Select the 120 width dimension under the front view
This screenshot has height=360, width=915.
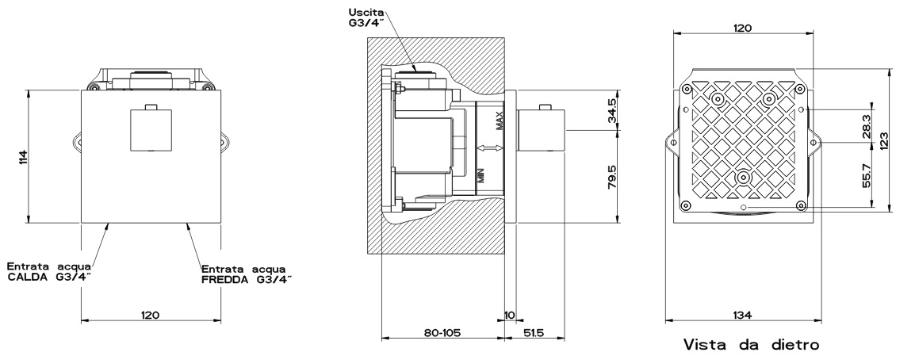pos(150,315)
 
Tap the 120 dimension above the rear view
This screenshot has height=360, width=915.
pos(742,26)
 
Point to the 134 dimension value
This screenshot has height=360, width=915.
pos(742,315)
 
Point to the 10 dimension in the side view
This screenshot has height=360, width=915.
pos(509,315)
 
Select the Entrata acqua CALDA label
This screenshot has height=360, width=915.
pos(49,270)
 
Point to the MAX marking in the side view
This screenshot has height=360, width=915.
pos(499,122)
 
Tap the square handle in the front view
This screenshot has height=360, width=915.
pos(151,130)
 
